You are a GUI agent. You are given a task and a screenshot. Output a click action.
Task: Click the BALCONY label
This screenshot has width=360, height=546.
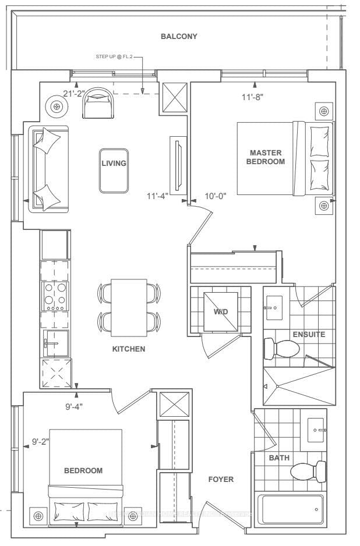(179, 36)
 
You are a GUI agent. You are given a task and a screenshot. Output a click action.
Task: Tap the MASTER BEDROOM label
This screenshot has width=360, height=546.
(266, 157)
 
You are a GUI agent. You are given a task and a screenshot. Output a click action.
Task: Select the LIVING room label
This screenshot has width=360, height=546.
(114, 164)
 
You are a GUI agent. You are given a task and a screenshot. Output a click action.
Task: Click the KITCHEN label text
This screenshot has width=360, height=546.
(129, 349)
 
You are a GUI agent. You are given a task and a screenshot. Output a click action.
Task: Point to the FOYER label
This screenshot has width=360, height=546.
(221, 480)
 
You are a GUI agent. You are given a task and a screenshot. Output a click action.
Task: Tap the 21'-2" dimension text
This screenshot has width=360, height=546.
(75, 93)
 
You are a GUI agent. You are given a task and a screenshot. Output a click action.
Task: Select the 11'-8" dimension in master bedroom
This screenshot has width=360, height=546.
(252, 98)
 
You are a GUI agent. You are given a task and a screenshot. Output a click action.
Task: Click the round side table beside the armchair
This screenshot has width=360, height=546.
(57, 107)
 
